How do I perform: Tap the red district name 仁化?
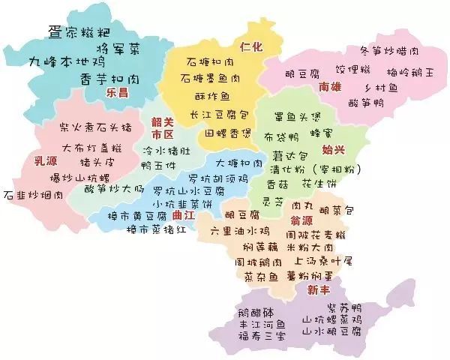[251, 46]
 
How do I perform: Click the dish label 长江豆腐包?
[218, 115]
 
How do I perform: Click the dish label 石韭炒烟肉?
[33, 196]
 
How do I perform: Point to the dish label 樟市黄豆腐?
[140, 217]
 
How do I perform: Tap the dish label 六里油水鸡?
[239, 229]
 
